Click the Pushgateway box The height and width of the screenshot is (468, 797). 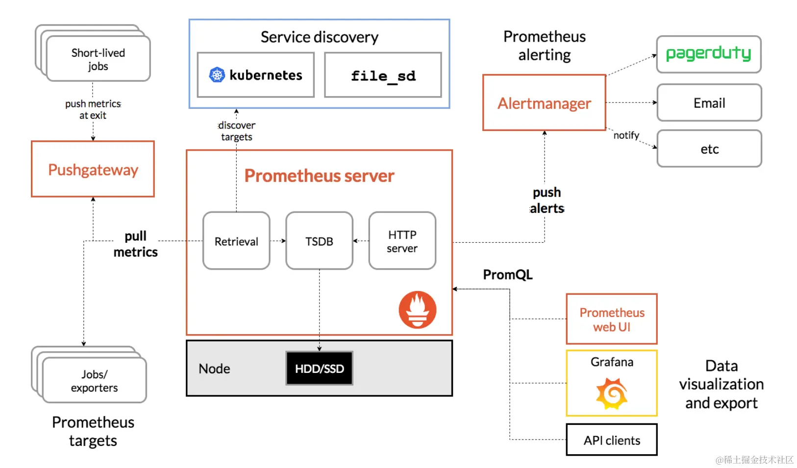(x=93, y=169)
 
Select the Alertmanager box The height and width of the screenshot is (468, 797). (x=544, y=103)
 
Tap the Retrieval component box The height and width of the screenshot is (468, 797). (x=236, y=241)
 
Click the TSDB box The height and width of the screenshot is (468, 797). (x=319, y=241)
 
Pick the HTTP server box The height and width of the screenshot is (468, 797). (x=402, y=241)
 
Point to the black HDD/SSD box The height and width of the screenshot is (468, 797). (x=319, y=368)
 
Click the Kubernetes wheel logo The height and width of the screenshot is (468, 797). (x=217, y=75)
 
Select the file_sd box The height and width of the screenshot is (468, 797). (x=383, y=76)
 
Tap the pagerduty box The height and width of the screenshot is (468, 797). (x=708, y=54)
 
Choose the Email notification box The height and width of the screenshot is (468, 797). (x=709, y=103)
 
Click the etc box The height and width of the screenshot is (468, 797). (x=709, y=149)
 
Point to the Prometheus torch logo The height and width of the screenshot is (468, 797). (x=417, y=310)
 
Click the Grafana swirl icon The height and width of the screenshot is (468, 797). (x=611, y=393)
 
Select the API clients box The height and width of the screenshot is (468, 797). (x=611, y=440)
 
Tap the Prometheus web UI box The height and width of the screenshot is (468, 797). (x=611, y=319)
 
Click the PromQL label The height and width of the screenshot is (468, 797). (x=507, y=275)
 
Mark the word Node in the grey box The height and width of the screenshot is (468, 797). (x=214, y=368)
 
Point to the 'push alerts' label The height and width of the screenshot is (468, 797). (x=547, y=200)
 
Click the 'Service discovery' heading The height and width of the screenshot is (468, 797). (x=319, y=37)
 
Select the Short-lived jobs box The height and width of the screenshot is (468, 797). (x=98, y=59)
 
